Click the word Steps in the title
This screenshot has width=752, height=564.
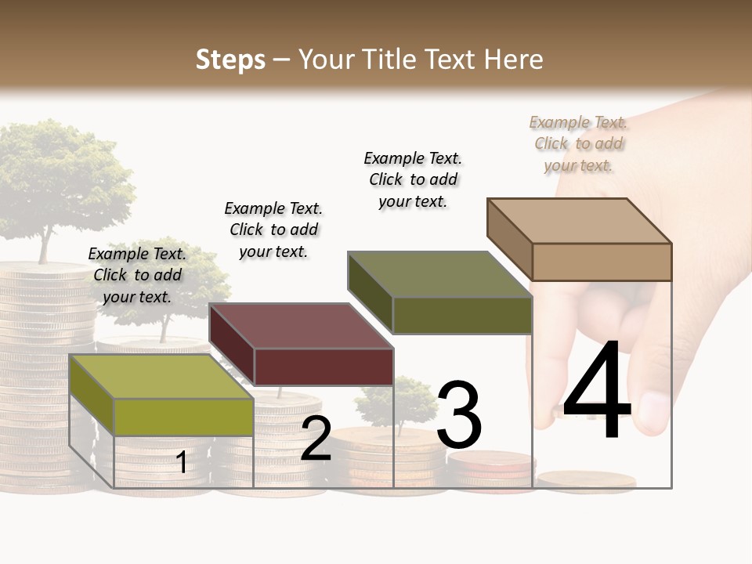click(x=230, y=60)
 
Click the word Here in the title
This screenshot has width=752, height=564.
click(x=513, y=60)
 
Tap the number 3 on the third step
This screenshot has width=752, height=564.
click(x=458, y=415)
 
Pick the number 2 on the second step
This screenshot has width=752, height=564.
click(x=316, y=439)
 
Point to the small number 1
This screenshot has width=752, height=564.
click(x=182, y=462)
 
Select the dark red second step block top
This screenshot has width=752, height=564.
click(x=302, y=326)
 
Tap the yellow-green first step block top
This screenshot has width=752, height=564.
click(x=161, y=377)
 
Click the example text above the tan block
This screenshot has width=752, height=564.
click(x=579, y=143)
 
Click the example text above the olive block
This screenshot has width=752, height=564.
click(x=413, y=179)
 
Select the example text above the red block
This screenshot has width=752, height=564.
click(x=273, y=230)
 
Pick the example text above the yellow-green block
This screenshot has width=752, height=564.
click(x=137, y=275)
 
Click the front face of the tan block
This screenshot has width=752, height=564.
click(x=602, y=262)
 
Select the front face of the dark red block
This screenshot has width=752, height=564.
click(x=324, y=367)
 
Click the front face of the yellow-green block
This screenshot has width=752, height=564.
click(x=183, y=417)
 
